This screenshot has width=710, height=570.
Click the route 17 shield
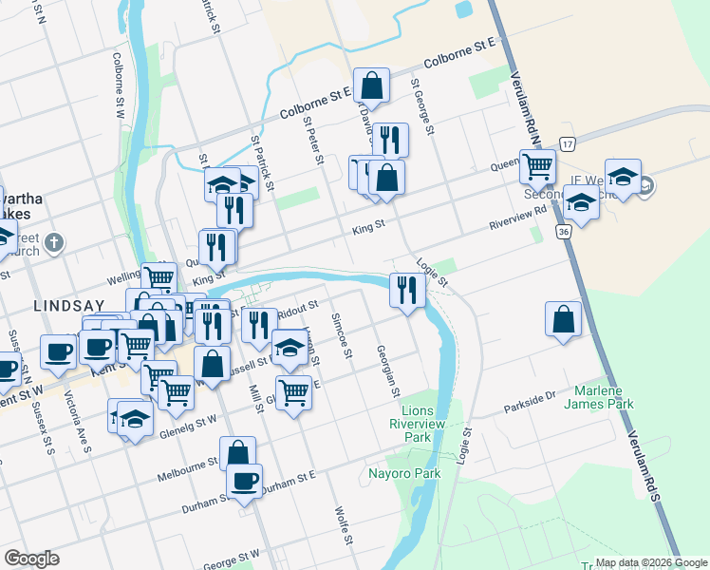pyautogui.click(x=567, y=144)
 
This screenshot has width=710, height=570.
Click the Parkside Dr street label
pyautogui.click(x=530, y=400)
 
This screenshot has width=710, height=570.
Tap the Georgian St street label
pyautogui.click(x=388, y=370)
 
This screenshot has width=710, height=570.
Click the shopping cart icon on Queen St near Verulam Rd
pyautogui.click(x=537, y=166)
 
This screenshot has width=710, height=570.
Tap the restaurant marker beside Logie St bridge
pyautogui.click(x=407, y=289)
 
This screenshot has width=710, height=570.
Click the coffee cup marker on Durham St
pyautogui.click(x=246, y=481)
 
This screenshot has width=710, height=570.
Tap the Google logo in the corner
pyautogui.click(x=31, y=559)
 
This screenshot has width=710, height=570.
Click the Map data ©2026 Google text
pyautogui.click(x=650, y=562)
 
